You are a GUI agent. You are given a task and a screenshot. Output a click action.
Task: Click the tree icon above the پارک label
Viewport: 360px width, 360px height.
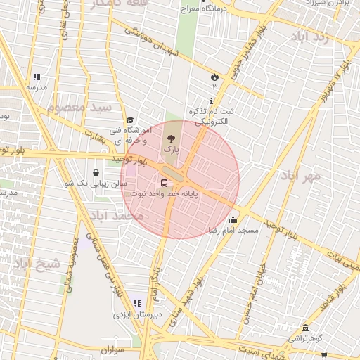[172, 138]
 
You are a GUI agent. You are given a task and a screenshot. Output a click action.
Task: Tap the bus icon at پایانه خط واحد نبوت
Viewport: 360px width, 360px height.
[165, 184]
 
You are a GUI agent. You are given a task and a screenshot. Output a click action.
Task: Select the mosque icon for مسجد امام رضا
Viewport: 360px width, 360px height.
[233, 219]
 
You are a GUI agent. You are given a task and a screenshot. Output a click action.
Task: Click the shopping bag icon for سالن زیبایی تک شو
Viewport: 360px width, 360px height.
[96, 172]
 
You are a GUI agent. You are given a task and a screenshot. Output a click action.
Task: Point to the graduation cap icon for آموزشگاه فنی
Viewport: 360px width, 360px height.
[130, 120]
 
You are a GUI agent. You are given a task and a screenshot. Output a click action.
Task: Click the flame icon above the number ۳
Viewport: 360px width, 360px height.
[214, 76]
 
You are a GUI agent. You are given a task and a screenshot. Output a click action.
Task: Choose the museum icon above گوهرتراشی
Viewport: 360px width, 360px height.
[304, 328]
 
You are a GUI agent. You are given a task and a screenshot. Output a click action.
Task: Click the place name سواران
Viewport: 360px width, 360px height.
[112, 349]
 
